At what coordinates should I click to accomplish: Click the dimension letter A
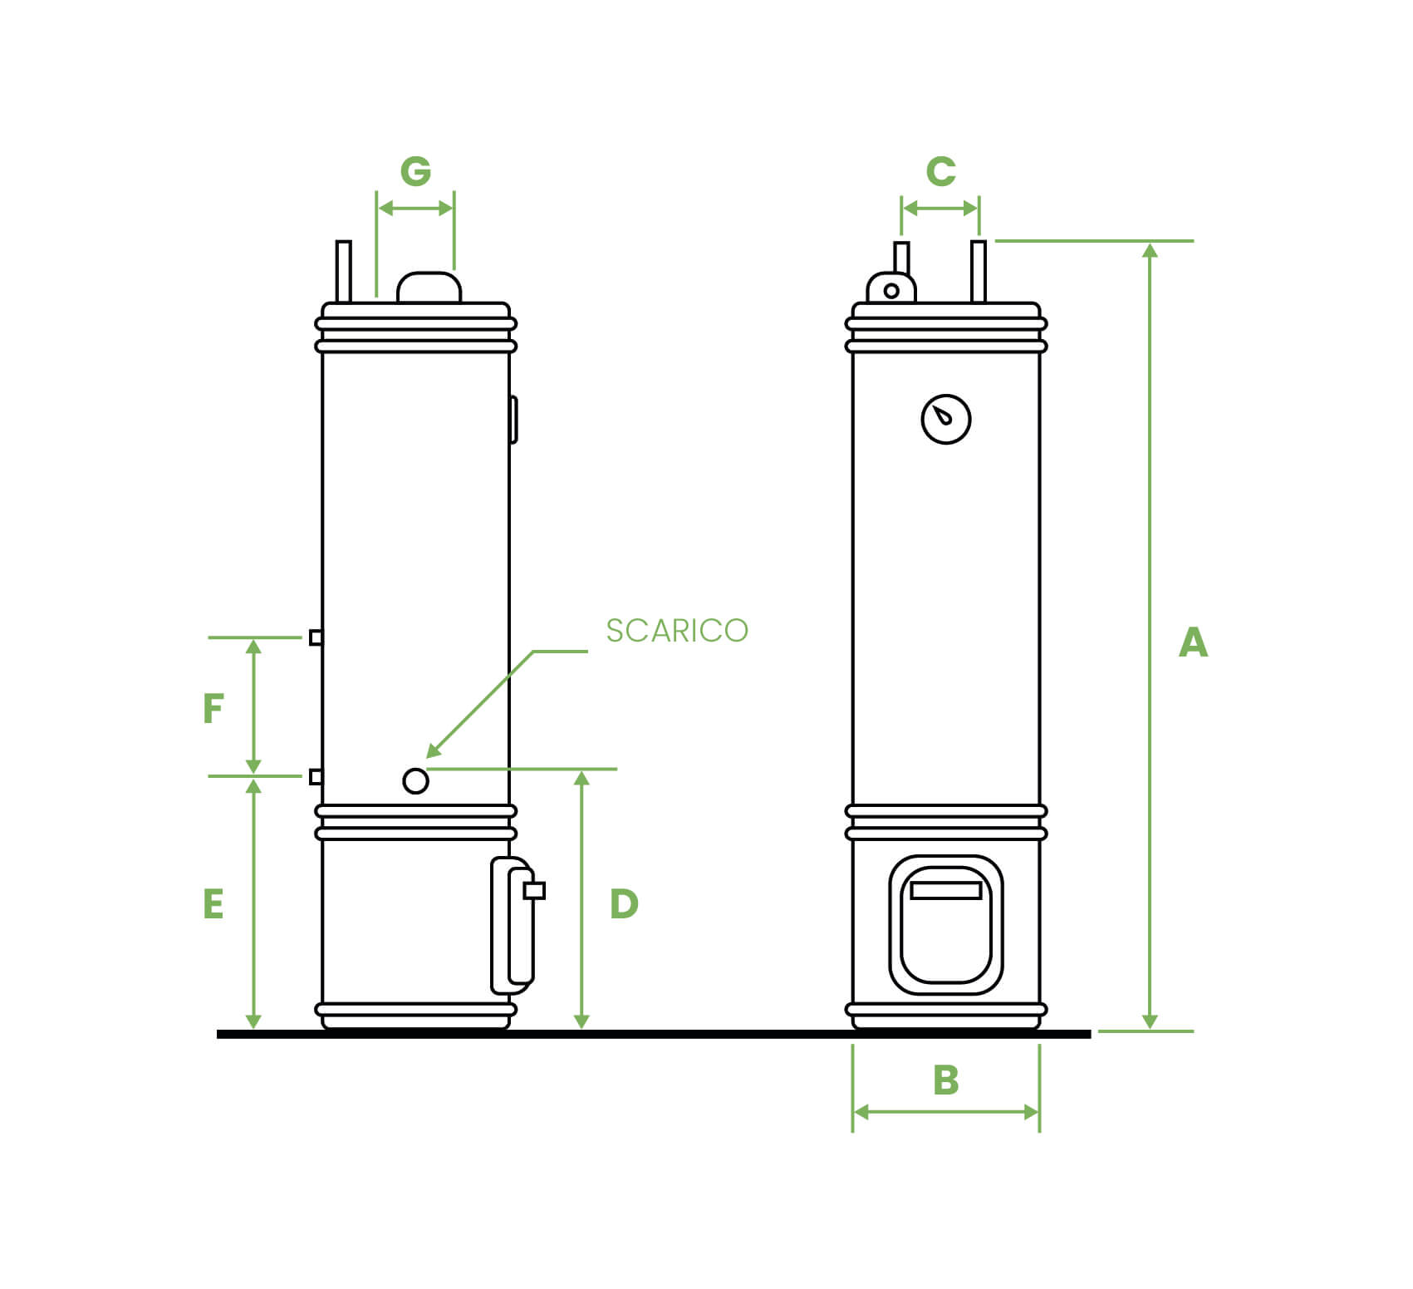coord(1193,642)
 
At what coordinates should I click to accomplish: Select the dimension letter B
coord(946,1080)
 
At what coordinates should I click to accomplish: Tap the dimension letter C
coord(940,171)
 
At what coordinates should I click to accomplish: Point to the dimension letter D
coord(624,903)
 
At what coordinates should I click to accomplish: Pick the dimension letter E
coord(213,903)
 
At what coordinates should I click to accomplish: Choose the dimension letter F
coord(213,709)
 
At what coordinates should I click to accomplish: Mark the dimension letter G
coord(415,171)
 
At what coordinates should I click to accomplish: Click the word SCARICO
coord(677,631)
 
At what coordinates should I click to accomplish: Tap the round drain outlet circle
coord(415,781)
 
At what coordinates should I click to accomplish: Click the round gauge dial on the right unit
coord(946,419)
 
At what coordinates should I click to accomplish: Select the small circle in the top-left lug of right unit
coord(891,291)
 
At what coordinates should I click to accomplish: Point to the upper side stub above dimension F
coord(316,637)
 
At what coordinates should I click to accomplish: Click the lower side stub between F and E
coord(316,776)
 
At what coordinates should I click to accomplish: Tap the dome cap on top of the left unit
coord(429,287)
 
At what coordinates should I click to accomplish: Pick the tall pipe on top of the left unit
coord(343,271)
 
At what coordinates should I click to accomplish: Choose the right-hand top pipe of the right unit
coord(979,271)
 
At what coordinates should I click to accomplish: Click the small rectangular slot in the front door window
coord(946,891)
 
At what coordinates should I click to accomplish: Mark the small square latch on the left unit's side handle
coord(534,891)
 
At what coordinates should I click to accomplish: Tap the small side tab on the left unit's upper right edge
coord(513,419)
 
